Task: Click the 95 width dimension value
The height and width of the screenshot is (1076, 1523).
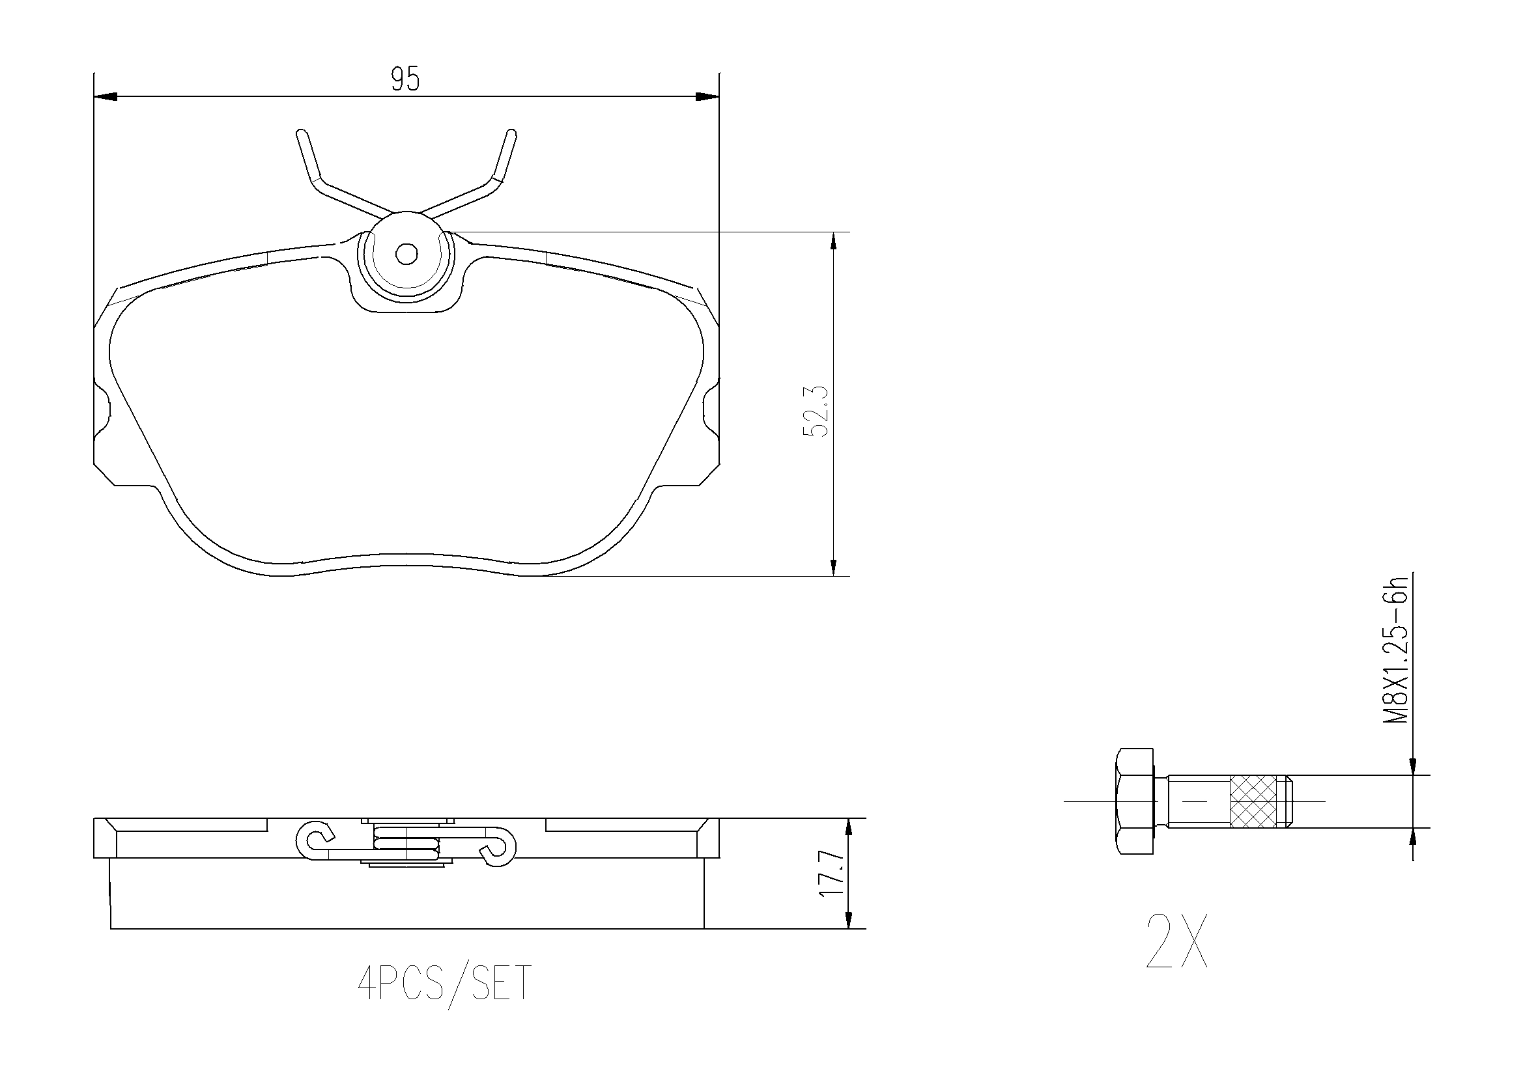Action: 405,79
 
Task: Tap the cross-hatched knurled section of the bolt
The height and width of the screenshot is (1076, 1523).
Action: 1253,801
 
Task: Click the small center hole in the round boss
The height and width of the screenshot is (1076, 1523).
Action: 406,253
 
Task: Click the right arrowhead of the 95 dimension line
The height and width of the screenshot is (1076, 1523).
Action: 708,97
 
